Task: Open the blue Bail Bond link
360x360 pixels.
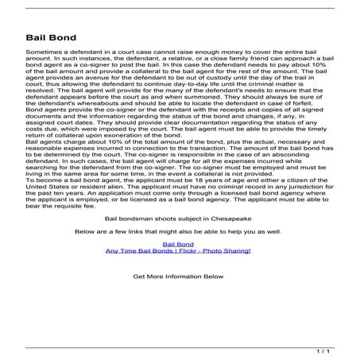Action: point(178,244)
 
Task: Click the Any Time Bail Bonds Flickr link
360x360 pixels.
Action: point(178,251)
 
